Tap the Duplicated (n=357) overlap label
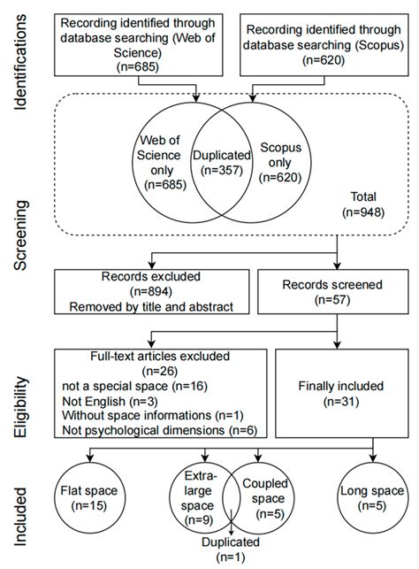[220, 159]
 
